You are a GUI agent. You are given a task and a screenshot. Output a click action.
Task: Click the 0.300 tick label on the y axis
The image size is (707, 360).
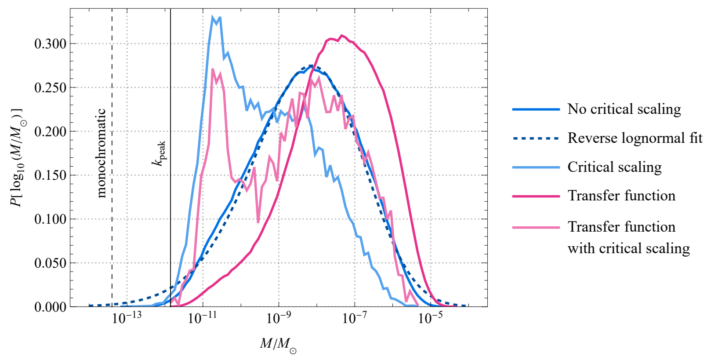[x=50, y=44]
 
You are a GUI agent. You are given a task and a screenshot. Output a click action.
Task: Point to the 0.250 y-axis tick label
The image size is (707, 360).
[x=50, y=87]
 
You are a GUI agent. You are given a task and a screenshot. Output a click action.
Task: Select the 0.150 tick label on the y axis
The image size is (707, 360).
[x=50, y=175]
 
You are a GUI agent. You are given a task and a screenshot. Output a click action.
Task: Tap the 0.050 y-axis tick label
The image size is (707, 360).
[x=50, y=263]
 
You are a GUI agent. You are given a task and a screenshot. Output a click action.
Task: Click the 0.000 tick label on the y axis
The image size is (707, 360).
[x=50, y=306]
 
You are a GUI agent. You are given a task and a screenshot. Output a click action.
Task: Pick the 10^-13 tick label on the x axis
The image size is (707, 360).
[x=127, y=317]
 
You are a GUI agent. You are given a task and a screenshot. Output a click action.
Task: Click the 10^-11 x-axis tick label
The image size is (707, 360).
[x=202, y=317]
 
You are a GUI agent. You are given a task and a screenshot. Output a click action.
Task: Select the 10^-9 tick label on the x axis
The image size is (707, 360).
[x=279, y=317]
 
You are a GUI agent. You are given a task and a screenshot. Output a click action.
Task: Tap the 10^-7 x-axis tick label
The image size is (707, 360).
[x=354, y=317]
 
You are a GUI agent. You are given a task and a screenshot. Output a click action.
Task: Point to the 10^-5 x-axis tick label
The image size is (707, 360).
[x=430, y=317]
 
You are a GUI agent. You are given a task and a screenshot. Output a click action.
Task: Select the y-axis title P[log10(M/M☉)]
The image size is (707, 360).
[x=18, y=157]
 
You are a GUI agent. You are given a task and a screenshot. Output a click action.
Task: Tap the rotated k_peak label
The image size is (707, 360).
[x=159, y=153]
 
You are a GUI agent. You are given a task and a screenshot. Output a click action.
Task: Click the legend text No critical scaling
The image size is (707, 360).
[x=624, y=109]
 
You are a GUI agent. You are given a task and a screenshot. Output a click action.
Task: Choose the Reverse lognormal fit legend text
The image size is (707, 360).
[x=634, y=138]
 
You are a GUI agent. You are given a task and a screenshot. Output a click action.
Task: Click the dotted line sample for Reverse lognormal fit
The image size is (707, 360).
[x=536, y=138]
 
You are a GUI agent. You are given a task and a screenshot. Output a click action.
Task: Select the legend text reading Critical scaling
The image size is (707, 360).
[x=614, y=167]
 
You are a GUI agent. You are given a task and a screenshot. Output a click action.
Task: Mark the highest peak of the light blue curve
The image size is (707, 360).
[x=213, y=18]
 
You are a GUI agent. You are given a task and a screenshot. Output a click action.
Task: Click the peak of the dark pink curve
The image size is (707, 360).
[x=341, y=35]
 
